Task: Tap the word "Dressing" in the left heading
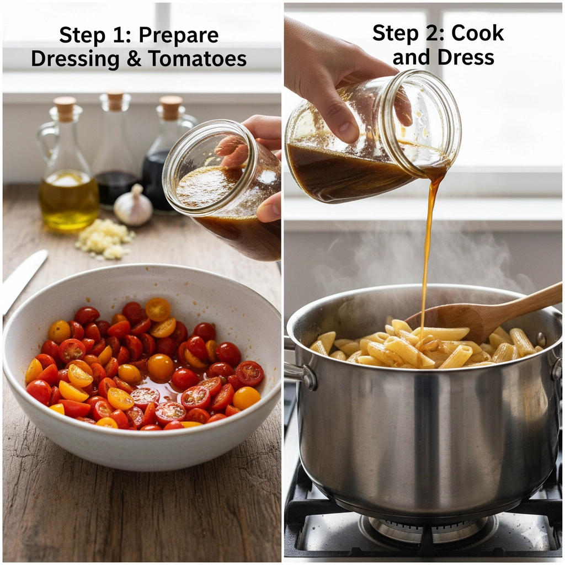75,58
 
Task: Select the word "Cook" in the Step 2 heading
478,33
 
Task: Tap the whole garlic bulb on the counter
133,207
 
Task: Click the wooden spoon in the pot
486,315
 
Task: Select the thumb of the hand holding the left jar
269,209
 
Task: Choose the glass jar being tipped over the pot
370,138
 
